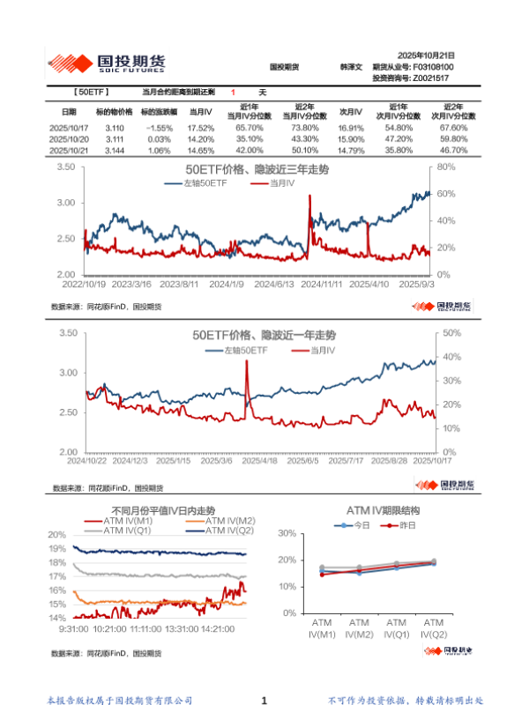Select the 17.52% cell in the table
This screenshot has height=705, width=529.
[x=201, y=129]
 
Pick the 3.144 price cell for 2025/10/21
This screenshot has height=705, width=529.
[x=114, y=152]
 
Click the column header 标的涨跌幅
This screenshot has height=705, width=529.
[x=160, y=113]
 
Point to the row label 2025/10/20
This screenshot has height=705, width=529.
[x=68, y=140]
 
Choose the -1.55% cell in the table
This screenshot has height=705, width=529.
[x=160, y=129]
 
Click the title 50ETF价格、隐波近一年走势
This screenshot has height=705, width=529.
[x=257, y=336]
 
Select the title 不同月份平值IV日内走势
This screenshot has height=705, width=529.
[x=164, y=510]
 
